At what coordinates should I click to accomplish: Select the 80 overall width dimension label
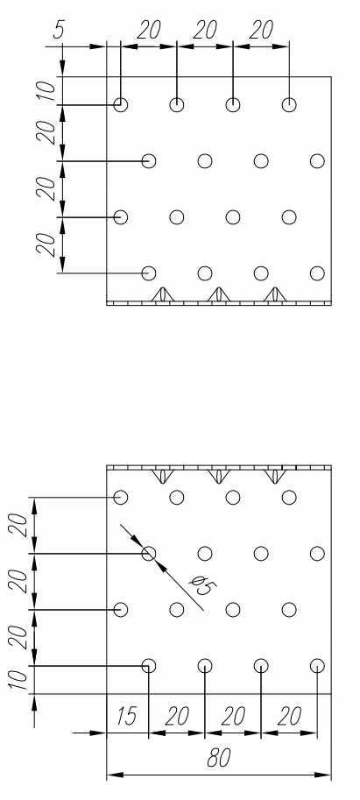219,758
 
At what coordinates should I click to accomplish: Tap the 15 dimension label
125,717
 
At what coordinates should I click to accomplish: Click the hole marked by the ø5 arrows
148,554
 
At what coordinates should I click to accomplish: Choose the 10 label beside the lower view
19,680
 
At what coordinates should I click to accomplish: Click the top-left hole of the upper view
120,104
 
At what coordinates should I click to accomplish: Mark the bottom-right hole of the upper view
317,273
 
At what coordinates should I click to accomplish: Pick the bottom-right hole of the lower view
317,666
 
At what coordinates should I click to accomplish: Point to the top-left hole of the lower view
120,497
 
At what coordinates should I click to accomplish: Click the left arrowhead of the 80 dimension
116,775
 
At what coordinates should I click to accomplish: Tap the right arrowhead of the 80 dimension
323,775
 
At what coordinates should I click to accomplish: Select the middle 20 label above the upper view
205,30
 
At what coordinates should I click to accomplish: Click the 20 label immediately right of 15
177,717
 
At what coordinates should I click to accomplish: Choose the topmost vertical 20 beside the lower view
19,526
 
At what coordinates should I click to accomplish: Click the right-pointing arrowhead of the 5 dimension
98,46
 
